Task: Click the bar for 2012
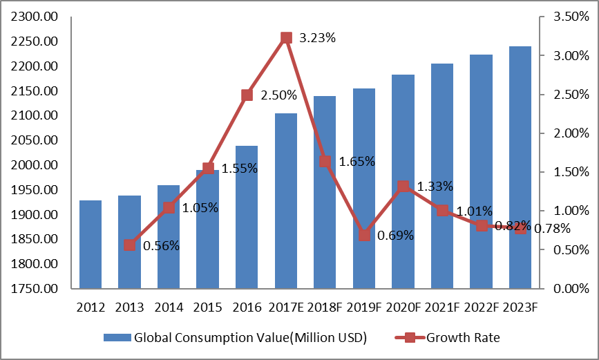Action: (91, 244)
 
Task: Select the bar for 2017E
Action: (286, 200)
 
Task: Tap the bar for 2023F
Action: (520, 167)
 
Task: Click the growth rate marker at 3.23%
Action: (286, 38)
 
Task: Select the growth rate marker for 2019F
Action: (364, 236)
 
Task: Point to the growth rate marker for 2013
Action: (129, 245)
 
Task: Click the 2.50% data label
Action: (279, 95)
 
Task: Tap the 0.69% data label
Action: (396, 236)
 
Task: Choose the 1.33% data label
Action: (435, 186)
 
